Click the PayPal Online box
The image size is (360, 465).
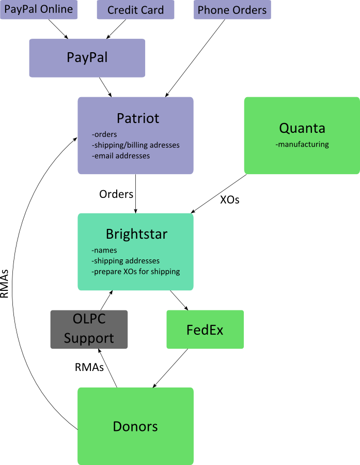point(39,10)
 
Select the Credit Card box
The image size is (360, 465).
point(135,10)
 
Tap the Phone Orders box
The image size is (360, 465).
point(232,10)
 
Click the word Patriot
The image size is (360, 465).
point(138,118)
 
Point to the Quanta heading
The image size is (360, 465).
point(302,128)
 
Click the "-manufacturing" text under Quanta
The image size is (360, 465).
point(302,144)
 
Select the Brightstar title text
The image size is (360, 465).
point(136,234)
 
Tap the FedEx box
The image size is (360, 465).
point(205,330)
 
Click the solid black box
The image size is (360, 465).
point(89,329)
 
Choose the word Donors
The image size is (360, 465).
point(135,426)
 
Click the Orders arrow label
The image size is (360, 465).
point(116,194)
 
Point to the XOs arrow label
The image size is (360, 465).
point(230,200)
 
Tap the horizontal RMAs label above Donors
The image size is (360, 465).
point(89,367)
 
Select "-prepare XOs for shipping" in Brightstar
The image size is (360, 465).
point(135,271)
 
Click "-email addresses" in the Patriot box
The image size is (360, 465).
point(121,156)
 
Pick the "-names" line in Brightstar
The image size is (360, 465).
point(104,251)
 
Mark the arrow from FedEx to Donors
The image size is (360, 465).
point(170,368)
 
